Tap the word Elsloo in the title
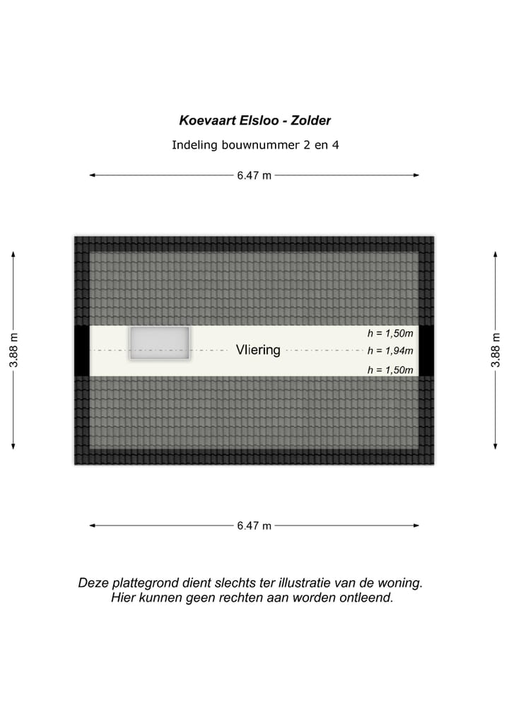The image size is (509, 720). [258, 121]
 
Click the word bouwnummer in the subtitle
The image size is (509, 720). [252, 146]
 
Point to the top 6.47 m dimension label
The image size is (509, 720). [255, 175]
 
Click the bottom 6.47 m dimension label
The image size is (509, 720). [255, 526]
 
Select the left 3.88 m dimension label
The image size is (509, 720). [13, 350]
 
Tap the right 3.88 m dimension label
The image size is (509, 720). [496, 350]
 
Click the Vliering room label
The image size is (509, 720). [258, 350]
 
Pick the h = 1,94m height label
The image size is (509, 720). [390, 350]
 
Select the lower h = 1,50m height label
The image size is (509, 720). [390, 369]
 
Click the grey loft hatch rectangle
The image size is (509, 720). [159, 343]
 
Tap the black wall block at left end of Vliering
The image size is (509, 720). [81, 351]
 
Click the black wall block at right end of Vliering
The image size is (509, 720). [426, 351]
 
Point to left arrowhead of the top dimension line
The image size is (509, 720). [92, 175]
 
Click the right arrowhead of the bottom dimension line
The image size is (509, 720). [416, 526]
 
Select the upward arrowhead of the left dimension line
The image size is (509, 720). [13, 253]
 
